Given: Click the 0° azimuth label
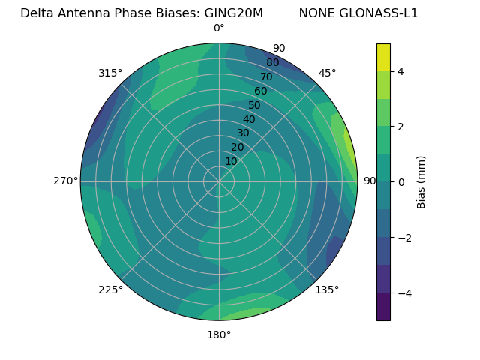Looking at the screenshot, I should click(219, 28).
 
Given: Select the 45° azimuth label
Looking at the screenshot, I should click(328, 73).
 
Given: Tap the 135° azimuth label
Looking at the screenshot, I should click(327, 289).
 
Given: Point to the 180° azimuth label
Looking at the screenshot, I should click(219, 334).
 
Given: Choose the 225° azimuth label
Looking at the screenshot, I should click(110, 289).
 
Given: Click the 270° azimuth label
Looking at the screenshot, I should click(66, 181).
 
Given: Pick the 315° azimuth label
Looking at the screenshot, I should click(110, 73).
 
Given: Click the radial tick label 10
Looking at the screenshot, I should click(231, 161).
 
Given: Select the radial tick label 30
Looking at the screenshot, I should click(243, 133).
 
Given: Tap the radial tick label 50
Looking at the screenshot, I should click(255, 105).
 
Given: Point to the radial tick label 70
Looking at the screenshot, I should click(266, 76).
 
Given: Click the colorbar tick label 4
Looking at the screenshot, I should click(401, 71).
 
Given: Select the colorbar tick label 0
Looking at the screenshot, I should click(401, 181).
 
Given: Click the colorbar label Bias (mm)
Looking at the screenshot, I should click(421, 181).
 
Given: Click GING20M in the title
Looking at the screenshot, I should click(233, 13).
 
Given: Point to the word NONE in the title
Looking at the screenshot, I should click(316, 13).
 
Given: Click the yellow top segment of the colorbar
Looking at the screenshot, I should click(383, 57).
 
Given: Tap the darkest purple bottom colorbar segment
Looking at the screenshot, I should click(383, 307).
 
